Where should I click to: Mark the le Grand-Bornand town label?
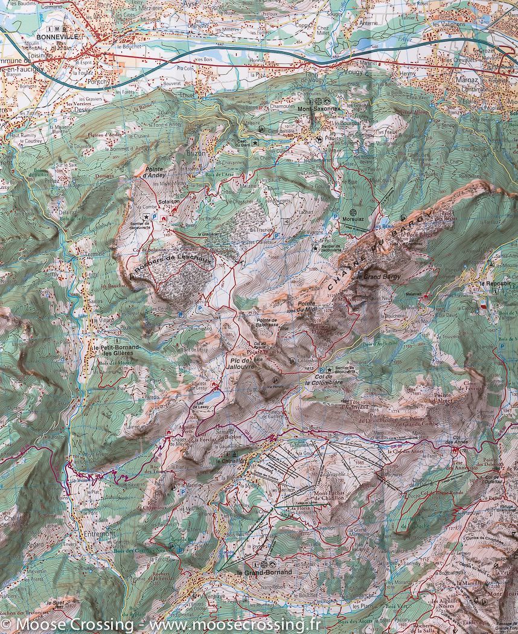(264, 572)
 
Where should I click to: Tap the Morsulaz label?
(354, 219)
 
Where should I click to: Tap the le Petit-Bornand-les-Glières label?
(115, 351)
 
